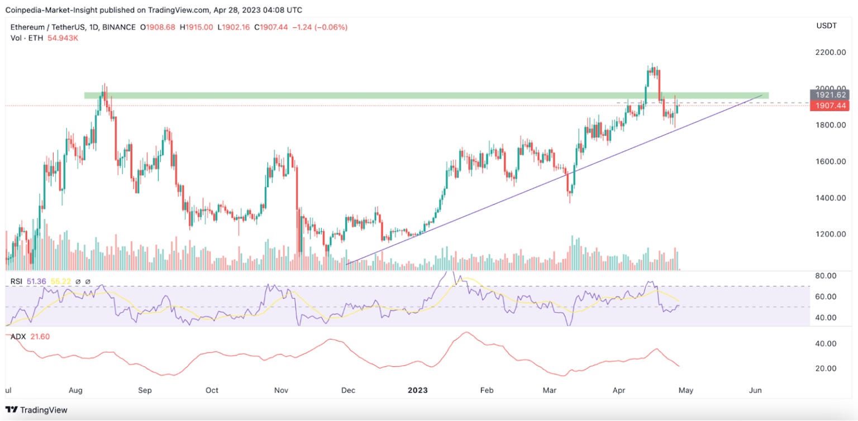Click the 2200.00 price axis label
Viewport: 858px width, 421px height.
click(828, 52)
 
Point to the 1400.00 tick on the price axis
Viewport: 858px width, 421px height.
click(828, 198)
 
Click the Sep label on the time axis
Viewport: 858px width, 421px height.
click(145, 390)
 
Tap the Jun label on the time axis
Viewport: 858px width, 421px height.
click(755, 390)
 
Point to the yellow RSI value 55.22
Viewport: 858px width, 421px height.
click(61, 281)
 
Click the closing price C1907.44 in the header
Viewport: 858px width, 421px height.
click(271, 27)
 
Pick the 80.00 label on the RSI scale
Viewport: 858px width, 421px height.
click(826, 276)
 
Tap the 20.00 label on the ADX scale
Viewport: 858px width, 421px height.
click(826, 369)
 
